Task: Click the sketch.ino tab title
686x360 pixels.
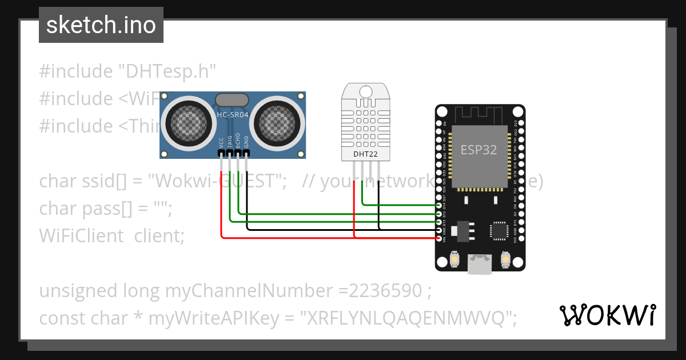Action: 101,25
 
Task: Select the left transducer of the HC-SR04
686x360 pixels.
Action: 188,121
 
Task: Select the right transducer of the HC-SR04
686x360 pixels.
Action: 276,121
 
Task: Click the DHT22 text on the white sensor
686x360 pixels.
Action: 365,154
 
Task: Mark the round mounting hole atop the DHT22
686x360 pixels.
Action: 365,91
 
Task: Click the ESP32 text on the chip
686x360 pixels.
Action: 478,150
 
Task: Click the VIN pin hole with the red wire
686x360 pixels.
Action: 439,237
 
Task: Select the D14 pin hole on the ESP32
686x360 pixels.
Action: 439,205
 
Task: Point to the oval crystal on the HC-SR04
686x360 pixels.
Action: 232,100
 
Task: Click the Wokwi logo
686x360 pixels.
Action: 607,314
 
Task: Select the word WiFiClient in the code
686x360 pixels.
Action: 81,235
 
